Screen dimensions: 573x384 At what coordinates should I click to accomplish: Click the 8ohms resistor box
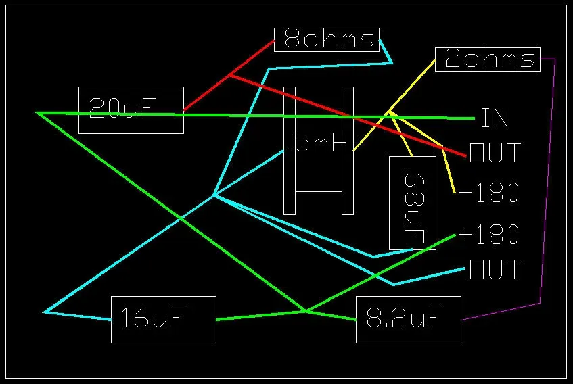click(x=326, y=40)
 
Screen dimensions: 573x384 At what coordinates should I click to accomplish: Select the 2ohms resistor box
click(x=488, y=59)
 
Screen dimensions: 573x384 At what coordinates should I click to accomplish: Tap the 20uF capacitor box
click(x=131, y=110)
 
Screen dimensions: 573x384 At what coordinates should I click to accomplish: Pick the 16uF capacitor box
click(x=163, y=320)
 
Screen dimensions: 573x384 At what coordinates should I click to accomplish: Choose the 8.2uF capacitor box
click(x=408, y=320)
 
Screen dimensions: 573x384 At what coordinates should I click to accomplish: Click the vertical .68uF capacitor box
click(x=412, y=203)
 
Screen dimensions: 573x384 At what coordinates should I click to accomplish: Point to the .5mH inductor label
click(x=316, y=143)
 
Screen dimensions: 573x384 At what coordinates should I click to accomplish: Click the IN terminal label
click(x=495, y=118)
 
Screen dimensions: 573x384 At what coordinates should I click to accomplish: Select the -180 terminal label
click(x=488, y=193)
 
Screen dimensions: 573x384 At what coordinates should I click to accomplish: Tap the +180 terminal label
click(x=488, y=234)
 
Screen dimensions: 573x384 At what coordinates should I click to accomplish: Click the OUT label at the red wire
click(x=495, y=153)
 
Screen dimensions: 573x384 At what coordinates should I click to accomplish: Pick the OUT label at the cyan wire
click(x=495, y=269)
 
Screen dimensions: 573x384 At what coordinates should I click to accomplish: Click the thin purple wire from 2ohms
click(x=548, y=183)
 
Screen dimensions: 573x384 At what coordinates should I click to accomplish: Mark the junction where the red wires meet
click(x=229, y=75)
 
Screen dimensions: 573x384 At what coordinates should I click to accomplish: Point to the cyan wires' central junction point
click(x=214, y=196)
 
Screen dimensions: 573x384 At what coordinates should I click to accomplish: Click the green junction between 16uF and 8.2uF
click(x=305, y=312)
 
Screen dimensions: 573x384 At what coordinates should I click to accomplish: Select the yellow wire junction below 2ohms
click(x=390, y=112)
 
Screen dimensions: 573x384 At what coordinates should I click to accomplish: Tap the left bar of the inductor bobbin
click(x=290, y=151)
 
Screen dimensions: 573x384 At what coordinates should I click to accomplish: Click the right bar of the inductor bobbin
click(x=348, y=151)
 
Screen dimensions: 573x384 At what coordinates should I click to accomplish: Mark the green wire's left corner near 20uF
click(x=37, y=113)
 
